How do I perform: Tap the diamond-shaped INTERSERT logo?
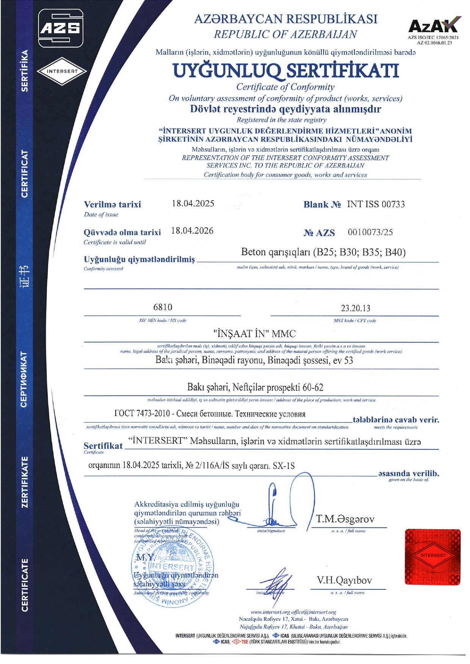[62, 71]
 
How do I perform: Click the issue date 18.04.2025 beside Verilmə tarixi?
[193, 203]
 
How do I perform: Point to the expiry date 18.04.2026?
[192, 231]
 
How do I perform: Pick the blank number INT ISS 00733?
[376, 204]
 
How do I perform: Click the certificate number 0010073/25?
[370, 232]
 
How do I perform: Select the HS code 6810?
[163, 307]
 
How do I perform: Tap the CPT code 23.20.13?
[355, 308]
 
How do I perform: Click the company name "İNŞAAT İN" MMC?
[254, 334]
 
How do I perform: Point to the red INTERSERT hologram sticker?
[433, 556]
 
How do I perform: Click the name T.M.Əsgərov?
[345, 519]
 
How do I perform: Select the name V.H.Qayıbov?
[344, 580]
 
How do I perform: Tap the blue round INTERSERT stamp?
[173, 567]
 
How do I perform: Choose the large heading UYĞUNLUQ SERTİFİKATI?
[285, 70]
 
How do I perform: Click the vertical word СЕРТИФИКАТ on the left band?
[24, 379]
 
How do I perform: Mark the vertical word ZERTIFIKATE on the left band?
[24, 482]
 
